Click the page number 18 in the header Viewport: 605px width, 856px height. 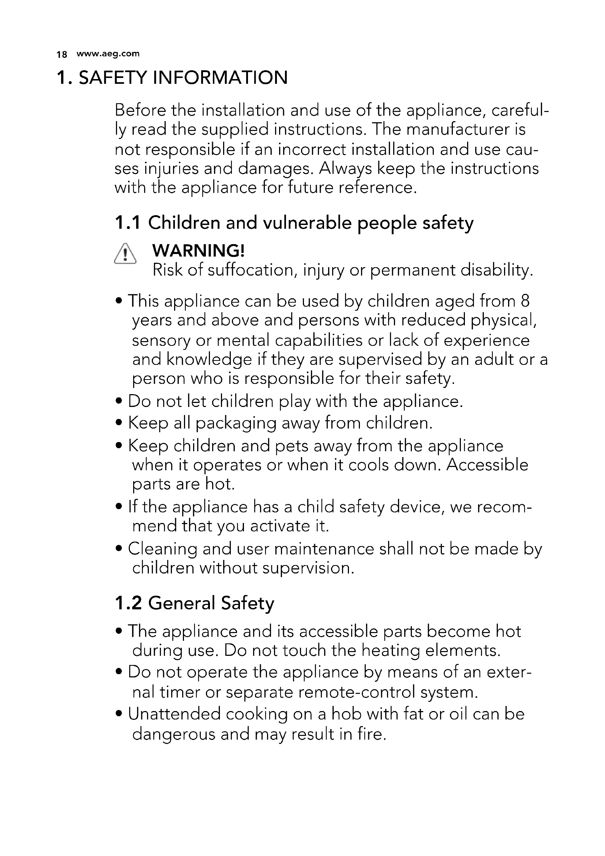click(x=61, y=55)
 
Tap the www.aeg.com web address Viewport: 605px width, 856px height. click(x=108, y=54)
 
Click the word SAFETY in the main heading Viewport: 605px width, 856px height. click(x=113, y=78)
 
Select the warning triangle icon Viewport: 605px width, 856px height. click(x=125, y=254)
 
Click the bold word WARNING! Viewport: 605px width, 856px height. click(x=199, y=251)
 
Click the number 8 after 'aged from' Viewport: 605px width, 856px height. click(x=525, y=301)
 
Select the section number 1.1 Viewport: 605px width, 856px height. click(x=128, y=223)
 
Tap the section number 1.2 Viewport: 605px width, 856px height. click(x=128, y=603)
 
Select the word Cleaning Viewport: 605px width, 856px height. click(x=162, y=549)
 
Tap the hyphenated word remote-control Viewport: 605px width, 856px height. click(x=357, y=692)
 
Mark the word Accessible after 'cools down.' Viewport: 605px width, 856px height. click(x=487, y=465)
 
